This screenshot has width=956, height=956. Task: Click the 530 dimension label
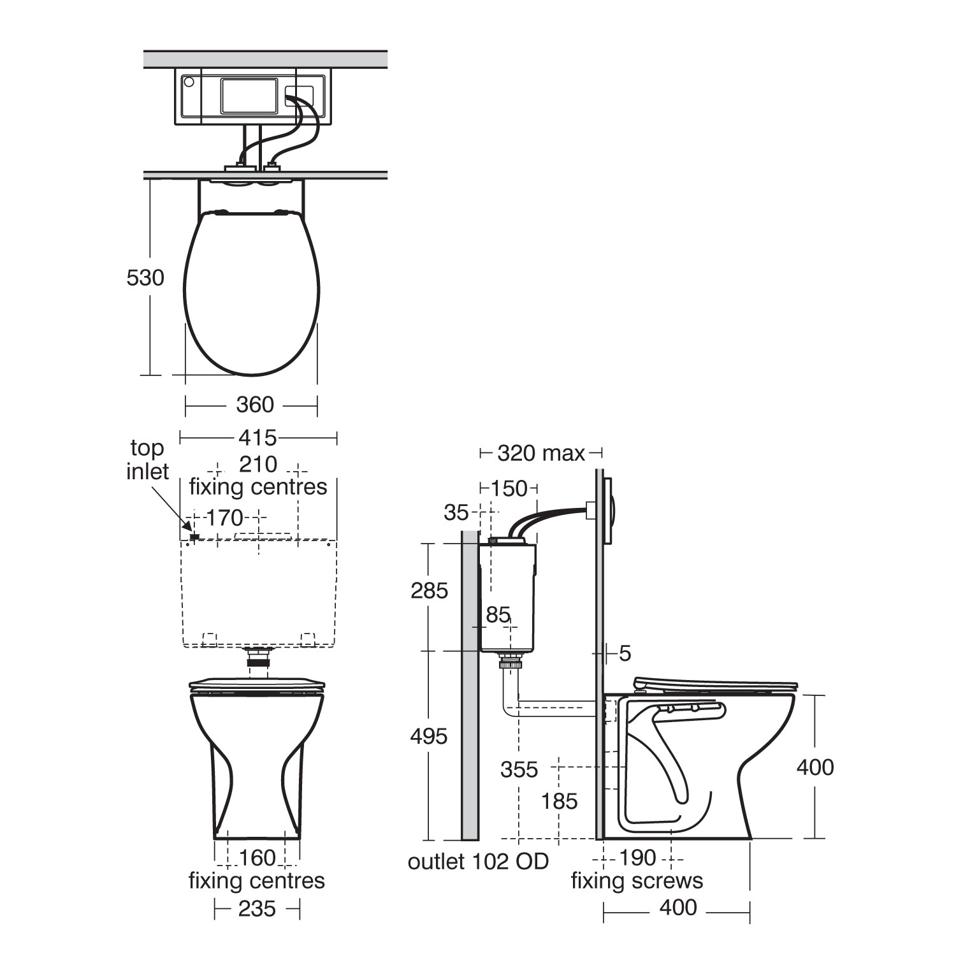click(x=145, y=278)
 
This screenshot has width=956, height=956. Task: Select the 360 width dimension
click(x=255, y=405)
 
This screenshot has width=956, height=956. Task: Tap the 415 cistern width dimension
click(x=257, y=438)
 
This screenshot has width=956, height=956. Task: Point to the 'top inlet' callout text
click(x=147, y=460)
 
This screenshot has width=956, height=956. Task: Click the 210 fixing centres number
click(x=258, y=464)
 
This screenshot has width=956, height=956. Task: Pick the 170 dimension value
click(x=225, y=518)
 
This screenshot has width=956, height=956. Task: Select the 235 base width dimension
click(x=257, y=908)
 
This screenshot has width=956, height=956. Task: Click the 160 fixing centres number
click(x=257, y=858)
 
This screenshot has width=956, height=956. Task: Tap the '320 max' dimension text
click(x=540, y=453)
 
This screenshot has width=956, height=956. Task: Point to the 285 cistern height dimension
click(x=429, y=591)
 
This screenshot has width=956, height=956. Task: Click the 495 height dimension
click(x=429, y=737)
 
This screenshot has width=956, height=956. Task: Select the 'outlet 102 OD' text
click(x=478, y=862)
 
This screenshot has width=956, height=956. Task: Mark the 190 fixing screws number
click(x=637, y=858)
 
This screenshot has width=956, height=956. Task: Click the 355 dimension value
click(x=519, y=770)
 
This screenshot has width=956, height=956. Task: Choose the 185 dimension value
click(x=559, y=801)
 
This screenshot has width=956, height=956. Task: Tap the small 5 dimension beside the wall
click(x=625, y=653)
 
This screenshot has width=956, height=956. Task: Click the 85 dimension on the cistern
click(x=498, y=614)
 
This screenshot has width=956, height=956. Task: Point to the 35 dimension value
click(x=456, y=512)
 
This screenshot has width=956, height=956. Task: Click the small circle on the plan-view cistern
click(x=188, y=82)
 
